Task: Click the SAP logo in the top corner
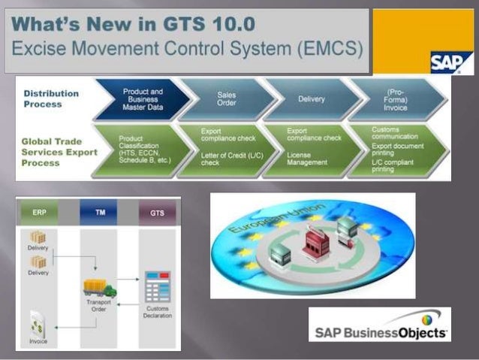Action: (450, 62)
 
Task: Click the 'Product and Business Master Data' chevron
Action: (142, 100)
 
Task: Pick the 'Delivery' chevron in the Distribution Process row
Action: (311, 100)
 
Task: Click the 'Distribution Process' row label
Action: (51, 98)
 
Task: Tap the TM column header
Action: (99, 213)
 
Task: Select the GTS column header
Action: (157, 213)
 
